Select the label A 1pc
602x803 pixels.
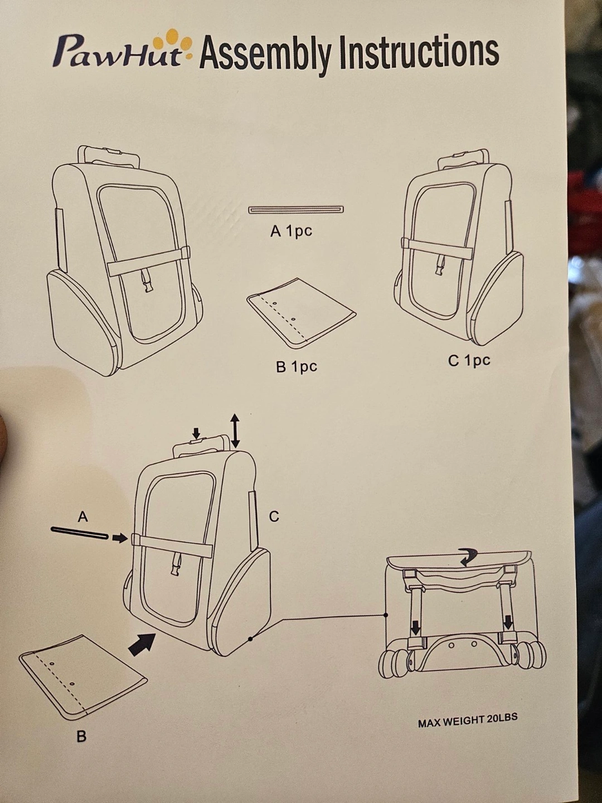292,231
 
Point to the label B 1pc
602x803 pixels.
297,366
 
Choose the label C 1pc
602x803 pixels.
469,361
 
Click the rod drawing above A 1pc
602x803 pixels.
296,210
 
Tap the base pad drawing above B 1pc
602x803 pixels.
301,313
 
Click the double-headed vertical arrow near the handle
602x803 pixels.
235,432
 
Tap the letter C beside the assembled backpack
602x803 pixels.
274,516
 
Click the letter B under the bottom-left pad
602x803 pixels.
81,736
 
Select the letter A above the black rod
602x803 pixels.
83,516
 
